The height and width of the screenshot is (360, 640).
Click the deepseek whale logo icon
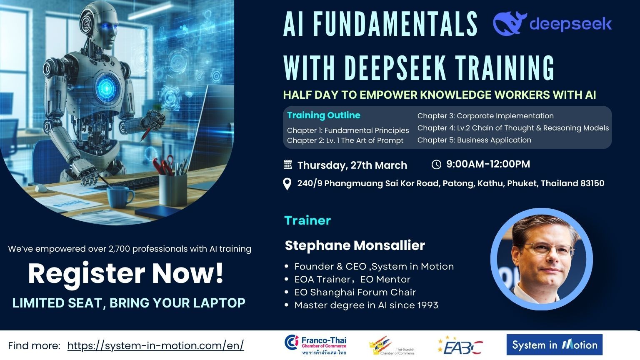coord(510,23)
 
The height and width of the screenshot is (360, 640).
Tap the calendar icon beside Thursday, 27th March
coord(288,165)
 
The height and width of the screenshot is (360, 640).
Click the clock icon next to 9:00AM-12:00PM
coord(436,165)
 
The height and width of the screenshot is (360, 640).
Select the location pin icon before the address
coord(287,184)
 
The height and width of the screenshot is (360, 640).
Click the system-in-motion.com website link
coord(156,346)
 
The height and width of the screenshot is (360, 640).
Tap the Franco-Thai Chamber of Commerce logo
coord(315,345)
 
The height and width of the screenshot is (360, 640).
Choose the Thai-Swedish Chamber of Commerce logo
coord(392,346)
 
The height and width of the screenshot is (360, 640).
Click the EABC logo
coord(460,346)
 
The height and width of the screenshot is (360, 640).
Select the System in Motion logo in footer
coord(555,345)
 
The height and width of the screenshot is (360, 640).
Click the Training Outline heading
coord(324,115)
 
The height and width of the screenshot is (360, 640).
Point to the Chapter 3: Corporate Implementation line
coord(485,116)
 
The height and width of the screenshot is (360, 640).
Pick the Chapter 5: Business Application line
coord(474,140)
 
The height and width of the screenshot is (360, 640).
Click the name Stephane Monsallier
coord(355,245)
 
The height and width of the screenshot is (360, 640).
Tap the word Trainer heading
coord(307,220)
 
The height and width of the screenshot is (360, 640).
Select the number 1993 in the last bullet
coord(428,305)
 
